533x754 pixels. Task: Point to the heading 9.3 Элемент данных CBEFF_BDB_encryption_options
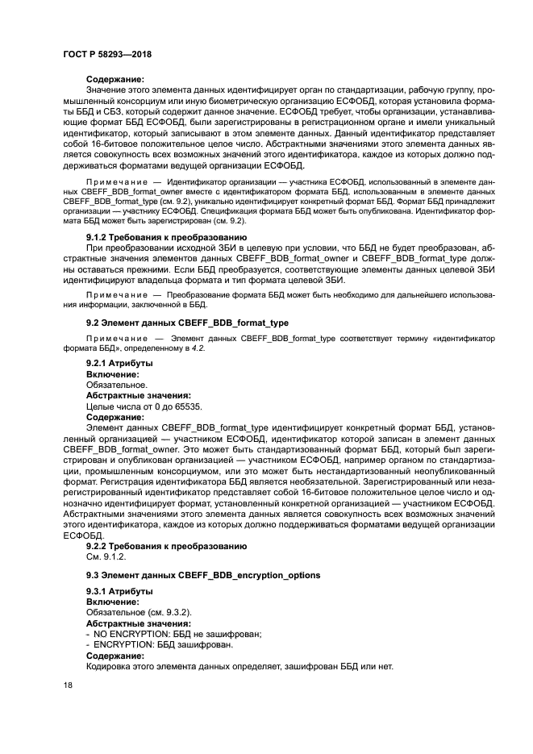202,575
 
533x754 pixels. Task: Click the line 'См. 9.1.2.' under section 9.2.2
106,556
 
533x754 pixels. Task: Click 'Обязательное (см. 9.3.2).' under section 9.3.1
138,613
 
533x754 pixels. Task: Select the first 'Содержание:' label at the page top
115,80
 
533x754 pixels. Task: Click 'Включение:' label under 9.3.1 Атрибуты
112,602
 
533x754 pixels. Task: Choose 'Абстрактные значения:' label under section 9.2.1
138,396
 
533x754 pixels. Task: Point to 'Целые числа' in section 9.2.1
111,406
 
